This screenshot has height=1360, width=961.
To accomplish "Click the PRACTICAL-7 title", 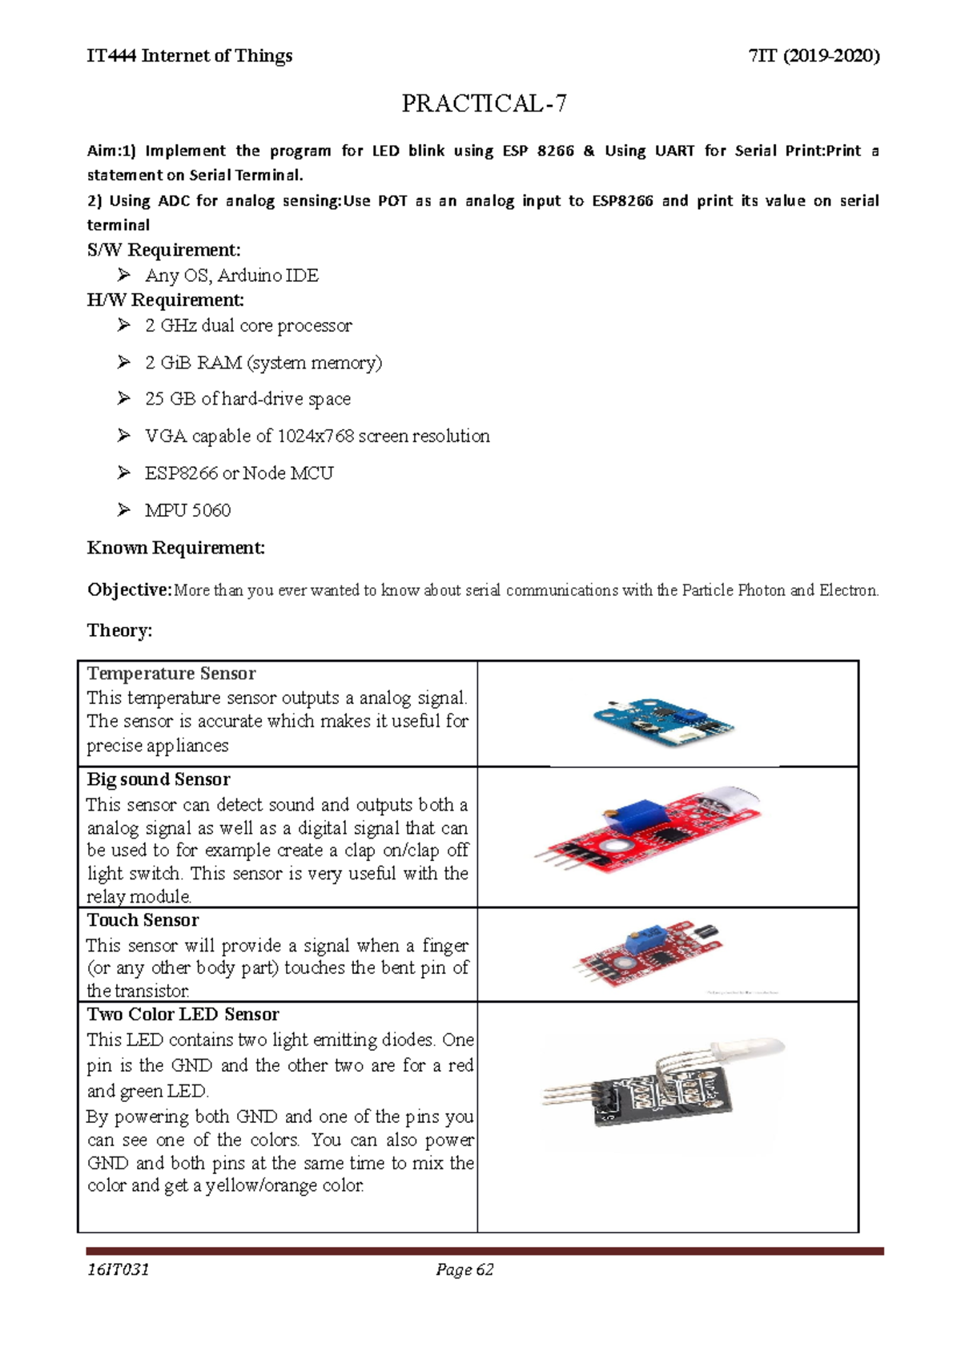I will point(484,103).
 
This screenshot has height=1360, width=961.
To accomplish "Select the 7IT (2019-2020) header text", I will point(813,55).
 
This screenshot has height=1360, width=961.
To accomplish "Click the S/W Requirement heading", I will point(163,250).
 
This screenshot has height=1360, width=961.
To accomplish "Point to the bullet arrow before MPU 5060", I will point(123,509).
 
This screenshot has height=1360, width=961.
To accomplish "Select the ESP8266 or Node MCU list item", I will point(239,473).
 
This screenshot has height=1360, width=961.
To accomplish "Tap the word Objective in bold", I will point(128,589).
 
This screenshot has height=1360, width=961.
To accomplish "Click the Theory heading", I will point(119,630).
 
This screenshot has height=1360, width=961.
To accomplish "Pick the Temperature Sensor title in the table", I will point(171,674).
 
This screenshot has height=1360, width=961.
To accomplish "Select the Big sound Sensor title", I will point(159,779).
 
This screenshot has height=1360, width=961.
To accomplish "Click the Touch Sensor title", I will point(143,919).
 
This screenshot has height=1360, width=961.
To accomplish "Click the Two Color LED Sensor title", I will point(183,1014).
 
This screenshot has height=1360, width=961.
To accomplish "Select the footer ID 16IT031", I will point(119,1269).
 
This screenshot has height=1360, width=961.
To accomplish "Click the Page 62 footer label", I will point(464,1269).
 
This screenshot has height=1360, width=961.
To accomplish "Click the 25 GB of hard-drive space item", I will point(247,399).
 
